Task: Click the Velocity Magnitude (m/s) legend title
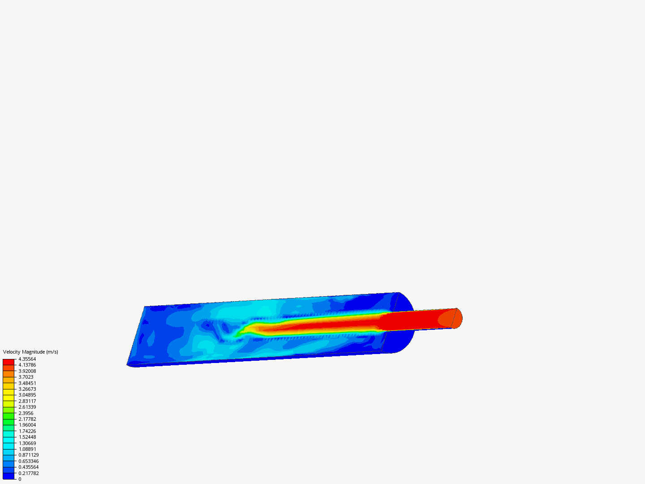(x=30, y=352)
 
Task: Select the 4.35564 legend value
(x=27, y=359)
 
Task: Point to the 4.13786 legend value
(x=27, y=365)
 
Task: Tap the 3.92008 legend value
(x=27, y=371)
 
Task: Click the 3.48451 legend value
(x=27, y=383)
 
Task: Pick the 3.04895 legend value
(x=27, y=395)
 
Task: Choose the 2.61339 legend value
(x=27, y=407)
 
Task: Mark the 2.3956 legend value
(x=26, y=413)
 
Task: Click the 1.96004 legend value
(x=27, y=425)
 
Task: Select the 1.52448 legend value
(x=27, y=437)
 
